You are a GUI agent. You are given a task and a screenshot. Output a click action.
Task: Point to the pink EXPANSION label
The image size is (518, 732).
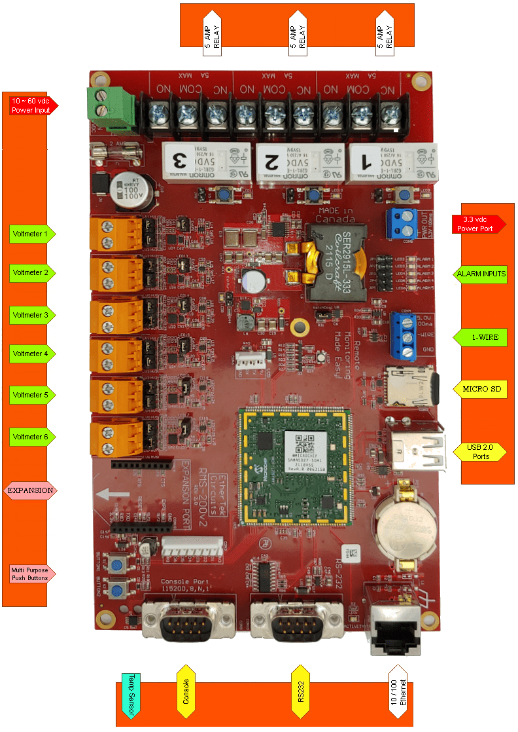(30, 490)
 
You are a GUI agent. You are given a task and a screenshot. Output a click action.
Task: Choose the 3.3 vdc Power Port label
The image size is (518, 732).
(478, 224)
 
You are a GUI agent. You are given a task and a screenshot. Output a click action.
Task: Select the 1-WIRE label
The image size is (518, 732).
(485, 338)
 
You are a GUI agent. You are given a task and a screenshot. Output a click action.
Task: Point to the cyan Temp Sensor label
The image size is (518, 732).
(131, 695)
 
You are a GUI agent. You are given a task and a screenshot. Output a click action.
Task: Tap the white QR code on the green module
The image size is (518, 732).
(304, 444)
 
